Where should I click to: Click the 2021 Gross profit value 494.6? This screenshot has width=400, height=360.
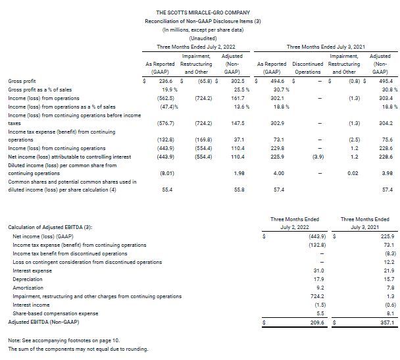click(x=273, y=80)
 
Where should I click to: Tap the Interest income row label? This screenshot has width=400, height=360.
click(x=31, y=305)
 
